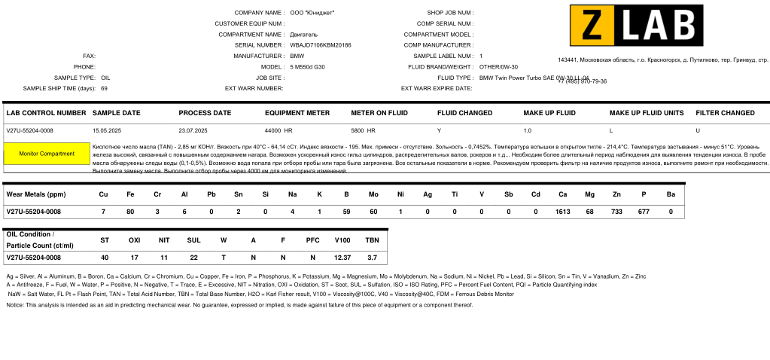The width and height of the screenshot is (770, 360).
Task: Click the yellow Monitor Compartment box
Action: pos(47,154)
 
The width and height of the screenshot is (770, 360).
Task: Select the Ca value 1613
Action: pos(562,212)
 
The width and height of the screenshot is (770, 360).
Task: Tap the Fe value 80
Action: pos(130,212)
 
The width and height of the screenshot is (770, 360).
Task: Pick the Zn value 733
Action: pos(616,212)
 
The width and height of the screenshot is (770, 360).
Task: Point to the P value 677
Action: pos(644,212)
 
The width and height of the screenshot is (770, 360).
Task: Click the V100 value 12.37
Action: pos(342,258)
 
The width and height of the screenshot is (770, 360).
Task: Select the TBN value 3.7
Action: pos(372,258)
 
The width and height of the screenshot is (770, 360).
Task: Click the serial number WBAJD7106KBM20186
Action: pos(321,45)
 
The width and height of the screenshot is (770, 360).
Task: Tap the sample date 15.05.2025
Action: pos(106,130)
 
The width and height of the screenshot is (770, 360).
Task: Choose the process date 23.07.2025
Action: pos(193,130)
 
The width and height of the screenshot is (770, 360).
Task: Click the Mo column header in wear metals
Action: pos(373,194)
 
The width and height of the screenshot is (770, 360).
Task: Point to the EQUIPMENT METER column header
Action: pos(297,113)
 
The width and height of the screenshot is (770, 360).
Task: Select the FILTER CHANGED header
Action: pos(725,113)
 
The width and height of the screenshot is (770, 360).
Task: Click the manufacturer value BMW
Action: pos(297,56)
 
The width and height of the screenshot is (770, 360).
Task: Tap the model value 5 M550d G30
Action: pos(307,67)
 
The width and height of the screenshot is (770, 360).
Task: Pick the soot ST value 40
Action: pos(105,258)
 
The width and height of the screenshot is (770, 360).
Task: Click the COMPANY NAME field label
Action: pos(259,13)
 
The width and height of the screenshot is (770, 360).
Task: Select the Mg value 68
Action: pos(589,212)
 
